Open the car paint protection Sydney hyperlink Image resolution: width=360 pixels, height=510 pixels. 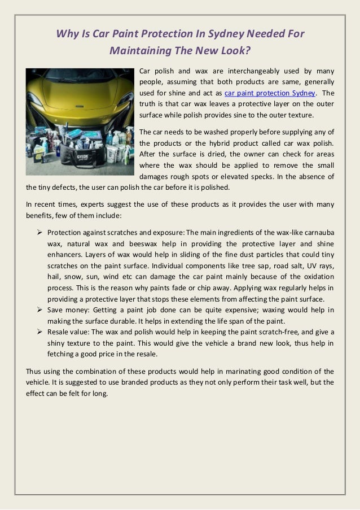tap(270, 93)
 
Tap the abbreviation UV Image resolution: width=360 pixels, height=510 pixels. tap(302, 265)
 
